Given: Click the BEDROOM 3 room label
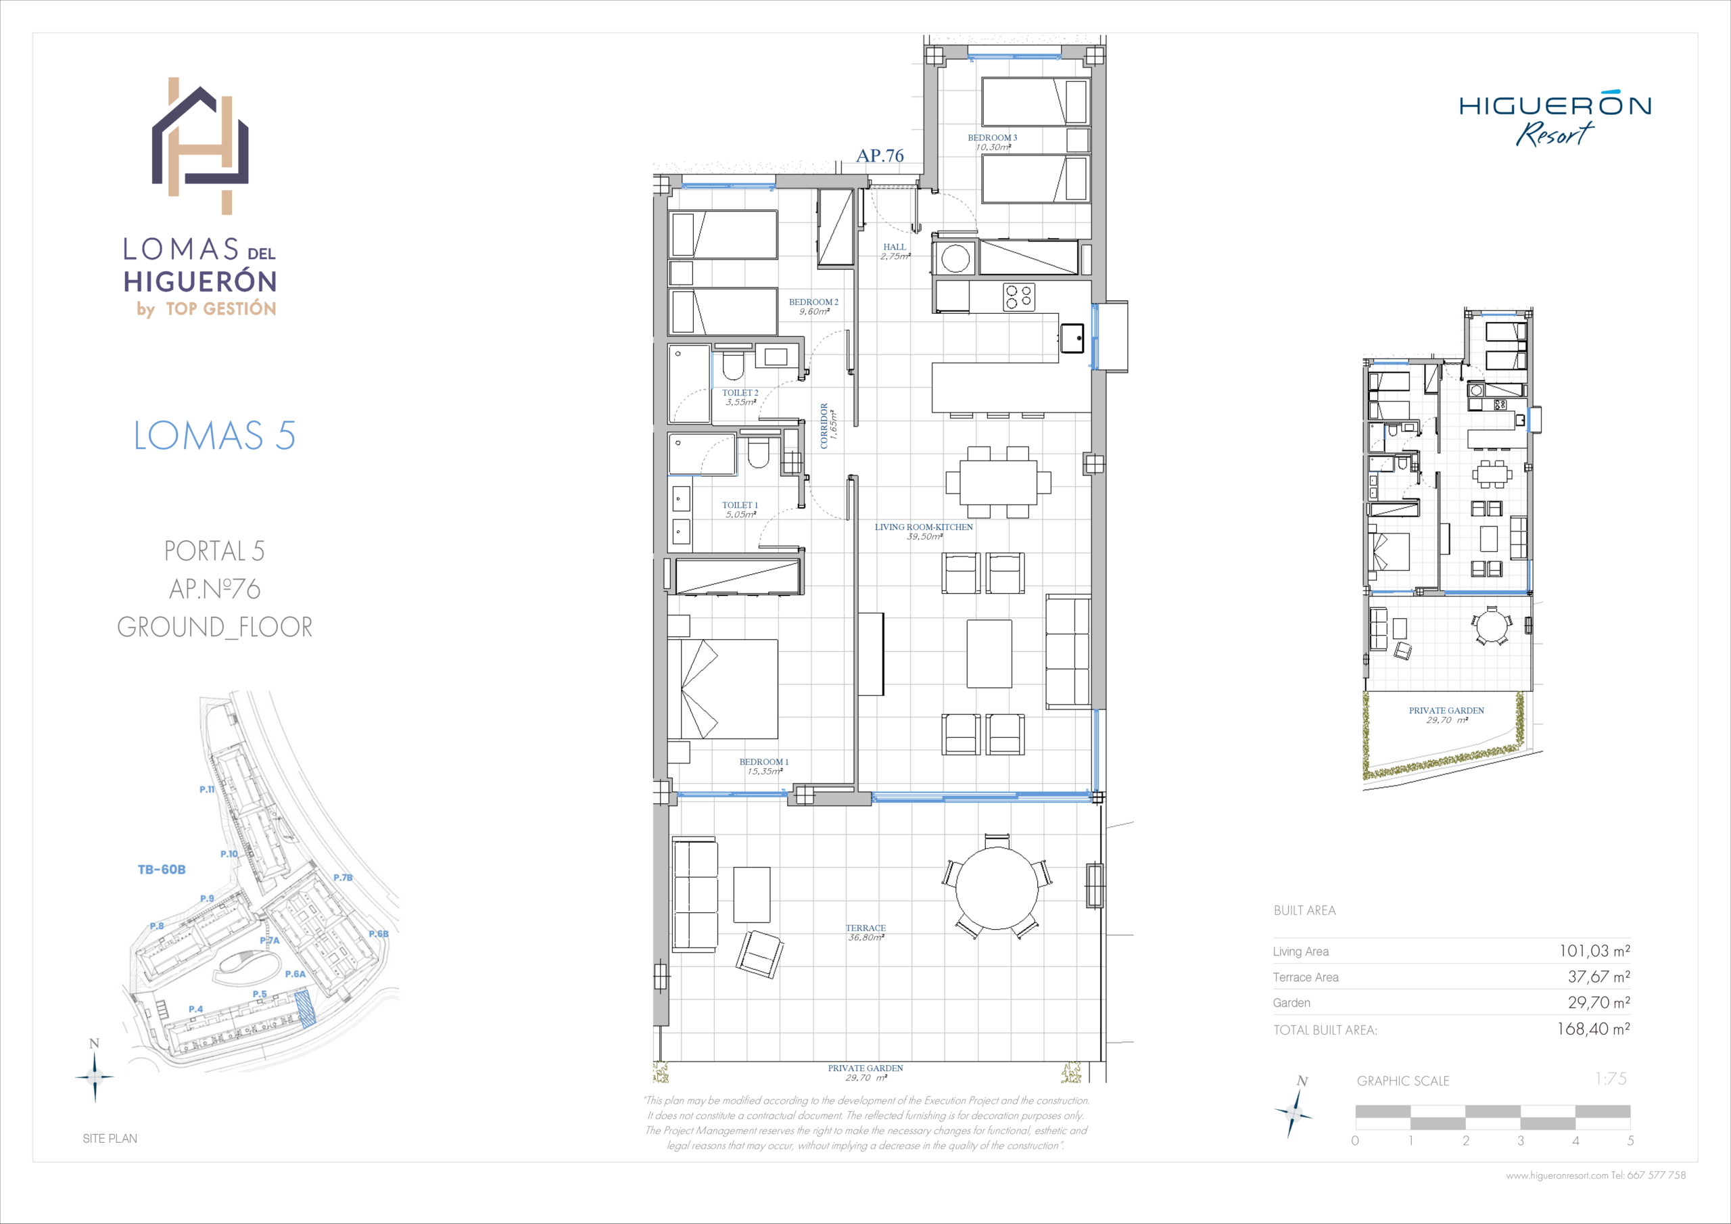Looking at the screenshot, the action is click(x=992, y=138).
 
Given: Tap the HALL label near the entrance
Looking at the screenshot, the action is click(x=895, y=247).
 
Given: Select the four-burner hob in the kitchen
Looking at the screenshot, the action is click(x=1018, y=296).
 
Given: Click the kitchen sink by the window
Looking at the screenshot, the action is click(x=1072, y=338).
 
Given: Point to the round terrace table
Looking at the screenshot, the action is click(x=997, y=889).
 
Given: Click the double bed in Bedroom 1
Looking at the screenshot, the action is click(x=722, y=688).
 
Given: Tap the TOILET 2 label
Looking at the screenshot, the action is click(x=740, y=393).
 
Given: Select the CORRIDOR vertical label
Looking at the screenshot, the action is click(x=824, y=425).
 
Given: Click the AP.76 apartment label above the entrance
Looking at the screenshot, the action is click(x=880, y=156).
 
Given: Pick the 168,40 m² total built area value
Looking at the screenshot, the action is click(x=1594, y=1029).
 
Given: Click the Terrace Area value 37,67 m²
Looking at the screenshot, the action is click(x=1599, y=976).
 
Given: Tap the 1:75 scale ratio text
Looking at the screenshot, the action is click(x=1611, y=1079).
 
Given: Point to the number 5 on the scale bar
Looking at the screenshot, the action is click(x=1630, y=1140).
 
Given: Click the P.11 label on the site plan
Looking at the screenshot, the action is click(x=208, y=790).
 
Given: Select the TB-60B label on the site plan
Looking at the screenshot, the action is click(x=162, y=870).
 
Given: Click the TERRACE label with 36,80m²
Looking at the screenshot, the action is click(x=865, y=933).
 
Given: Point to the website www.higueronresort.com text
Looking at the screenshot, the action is click(x=1557, y=1175).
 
